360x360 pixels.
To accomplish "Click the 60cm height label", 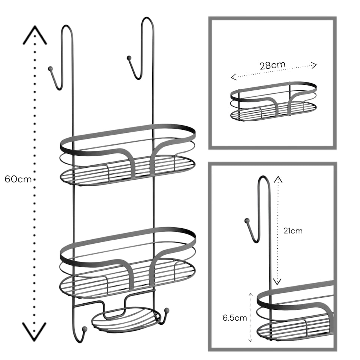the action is tap(18, 179).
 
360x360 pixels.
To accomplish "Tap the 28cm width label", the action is tap(273, 65).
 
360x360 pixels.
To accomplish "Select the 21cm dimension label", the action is tap(293, 231).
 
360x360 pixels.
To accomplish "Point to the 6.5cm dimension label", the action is tap(235, 318).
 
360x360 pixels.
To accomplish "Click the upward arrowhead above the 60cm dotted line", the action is tap(34, 34).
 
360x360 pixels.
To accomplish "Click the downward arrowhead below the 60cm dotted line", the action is tap(34, 332).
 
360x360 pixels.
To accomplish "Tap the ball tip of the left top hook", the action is tap(50, 68).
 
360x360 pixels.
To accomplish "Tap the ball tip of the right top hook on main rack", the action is tap(129, 58).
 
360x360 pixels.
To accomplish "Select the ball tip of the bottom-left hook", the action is tap(85, 329).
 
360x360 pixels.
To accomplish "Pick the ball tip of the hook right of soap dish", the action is tap(166, 310).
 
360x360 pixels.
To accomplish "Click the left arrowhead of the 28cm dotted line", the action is tap(233, 77).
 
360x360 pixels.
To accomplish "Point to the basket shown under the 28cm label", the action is tap(273, 101).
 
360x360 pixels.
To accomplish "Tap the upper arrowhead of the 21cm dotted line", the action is tap(278, 179).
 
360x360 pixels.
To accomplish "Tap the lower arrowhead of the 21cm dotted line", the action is tap(277, 282).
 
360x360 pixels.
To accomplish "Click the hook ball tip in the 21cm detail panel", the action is tap(247, 221).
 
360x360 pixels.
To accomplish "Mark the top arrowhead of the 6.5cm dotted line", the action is tap(251, 294).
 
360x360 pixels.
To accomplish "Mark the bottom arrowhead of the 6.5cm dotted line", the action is tap(250, 340).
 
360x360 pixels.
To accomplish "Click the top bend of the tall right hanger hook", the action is tap(147, 18).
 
